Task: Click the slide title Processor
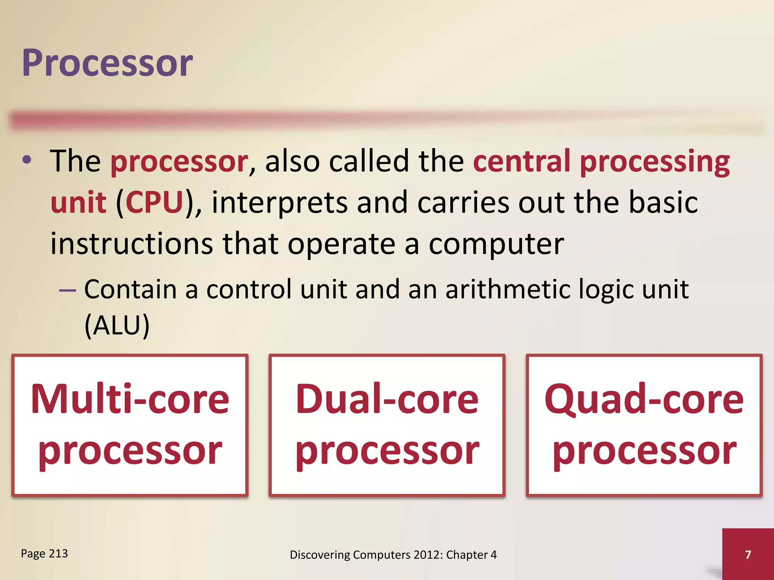107,63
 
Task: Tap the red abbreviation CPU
154,202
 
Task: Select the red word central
522,161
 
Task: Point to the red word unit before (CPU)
78,202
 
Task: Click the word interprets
279,203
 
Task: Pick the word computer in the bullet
496,245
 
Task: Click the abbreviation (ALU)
117,325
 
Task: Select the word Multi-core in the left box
130,399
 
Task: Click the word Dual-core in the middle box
387,399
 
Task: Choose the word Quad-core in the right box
644,399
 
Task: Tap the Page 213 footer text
44,554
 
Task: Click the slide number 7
748,555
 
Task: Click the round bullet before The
26,160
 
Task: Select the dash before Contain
68,290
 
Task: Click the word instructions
132,244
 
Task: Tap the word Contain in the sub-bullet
130,289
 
